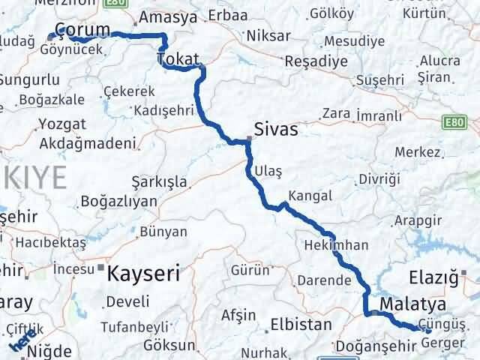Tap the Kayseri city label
tap(144, 272)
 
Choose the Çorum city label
tap(82, 28)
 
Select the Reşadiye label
tap(319, 58)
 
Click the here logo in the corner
tap(20, 341)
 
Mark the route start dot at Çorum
tap(51, 36)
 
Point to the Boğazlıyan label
tap(119, 201)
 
